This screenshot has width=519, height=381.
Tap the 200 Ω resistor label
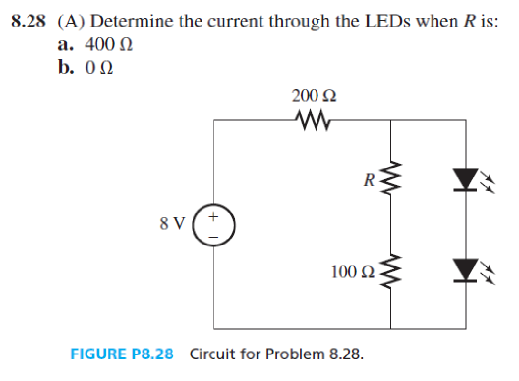click(x=315, y=96)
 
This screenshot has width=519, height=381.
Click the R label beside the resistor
click(x=368, y=180)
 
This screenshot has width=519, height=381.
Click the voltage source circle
click(x=217, y=225)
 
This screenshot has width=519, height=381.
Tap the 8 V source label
click(x=172, y=222)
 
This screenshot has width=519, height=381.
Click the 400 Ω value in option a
click(x=108, y=45)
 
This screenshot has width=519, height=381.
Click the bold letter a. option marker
click(x=66, y=45)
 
